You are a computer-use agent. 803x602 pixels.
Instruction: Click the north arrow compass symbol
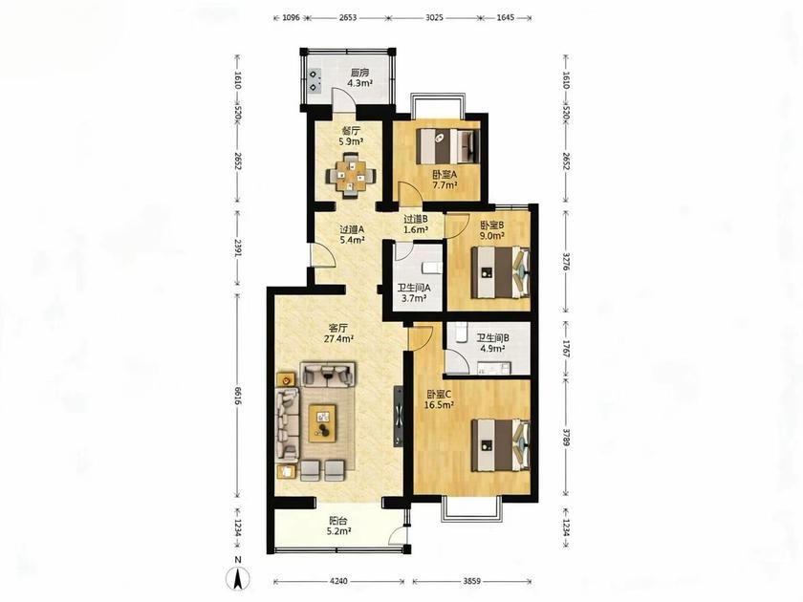tap(238, 579)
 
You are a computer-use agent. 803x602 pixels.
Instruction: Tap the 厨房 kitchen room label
tap(359, 73)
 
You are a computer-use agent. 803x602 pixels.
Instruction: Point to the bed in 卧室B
tap(500, 272)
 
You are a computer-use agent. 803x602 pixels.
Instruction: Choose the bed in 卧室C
tap(500, 445)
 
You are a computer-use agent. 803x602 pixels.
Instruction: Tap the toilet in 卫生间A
tap(433, 268)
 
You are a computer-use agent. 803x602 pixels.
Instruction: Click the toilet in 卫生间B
tap(461, 333)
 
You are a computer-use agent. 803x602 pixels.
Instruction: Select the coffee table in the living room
tap(323, 423)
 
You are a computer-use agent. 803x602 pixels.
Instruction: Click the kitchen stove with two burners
tap(314, 80)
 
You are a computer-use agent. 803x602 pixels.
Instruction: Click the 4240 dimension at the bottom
tap(338, 582)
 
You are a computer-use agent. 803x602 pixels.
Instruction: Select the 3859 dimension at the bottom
tap(472, 582)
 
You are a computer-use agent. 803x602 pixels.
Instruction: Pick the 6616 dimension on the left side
tap(237, 395)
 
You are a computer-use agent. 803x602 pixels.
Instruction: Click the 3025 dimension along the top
tap(434, 17)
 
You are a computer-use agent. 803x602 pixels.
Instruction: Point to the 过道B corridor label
tap(415, 219)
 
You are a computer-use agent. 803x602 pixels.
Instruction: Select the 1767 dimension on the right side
tap(566, 348)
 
